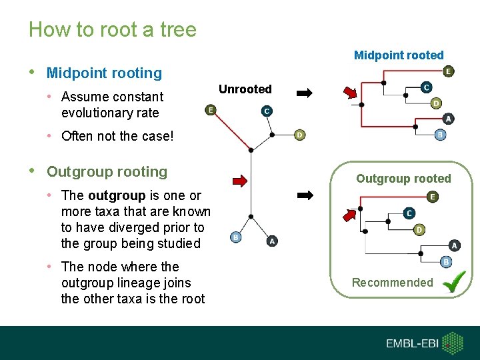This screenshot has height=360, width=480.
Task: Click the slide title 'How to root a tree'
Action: (112, 30)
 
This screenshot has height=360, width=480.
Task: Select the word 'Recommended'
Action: (392, 283)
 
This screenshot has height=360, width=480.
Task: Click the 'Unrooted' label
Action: (245, 89)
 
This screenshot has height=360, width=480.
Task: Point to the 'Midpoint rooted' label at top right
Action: (398, 55)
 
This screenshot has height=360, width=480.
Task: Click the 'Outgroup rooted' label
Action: (403, 179)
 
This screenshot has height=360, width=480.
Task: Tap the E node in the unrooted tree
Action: (211, 110)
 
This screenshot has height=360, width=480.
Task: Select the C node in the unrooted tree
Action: (266, 111)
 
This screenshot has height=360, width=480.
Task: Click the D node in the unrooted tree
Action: (299, 135)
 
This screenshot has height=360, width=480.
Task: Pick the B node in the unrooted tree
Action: (235, 237)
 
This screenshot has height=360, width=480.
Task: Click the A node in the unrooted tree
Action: (271, 241)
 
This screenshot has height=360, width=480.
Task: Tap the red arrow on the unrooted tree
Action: (239, 180)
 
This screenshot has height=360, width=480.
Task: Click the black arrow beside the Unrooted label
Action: (305, 94)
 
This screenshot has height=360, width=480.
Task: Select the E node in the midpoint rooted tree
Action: (448, 71)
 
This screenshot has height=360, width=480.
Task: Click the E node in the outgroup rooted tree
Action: (433, 197)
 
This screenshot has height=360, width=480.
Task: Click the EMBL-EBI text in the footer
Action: (413, 344)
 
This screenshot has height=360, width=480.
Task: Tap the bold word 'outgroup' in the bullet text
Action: (116, 195)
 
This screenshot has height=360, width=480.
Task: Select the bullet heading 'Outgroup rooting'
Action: (107, 171)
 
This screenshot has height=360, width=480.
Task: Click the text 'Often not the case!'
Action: (117, 137)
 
